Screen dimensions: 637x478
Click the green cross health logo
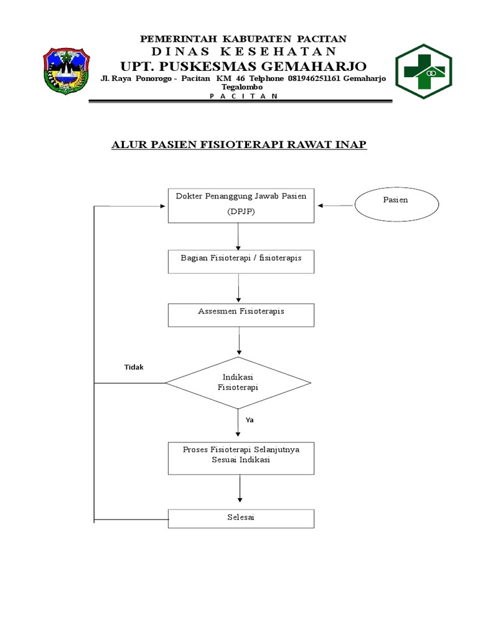[x=423, y=72]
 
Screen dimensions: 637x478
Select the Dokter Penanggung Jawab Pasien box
[x=241, y=204]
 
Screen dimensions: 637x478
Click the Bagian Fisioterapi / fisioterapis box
[x=241, y=261]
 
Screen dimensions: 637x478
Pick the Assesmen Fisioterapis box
[x=241, y=315]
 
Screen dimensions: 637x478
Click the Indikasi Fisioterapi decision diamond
[x=238, y=383]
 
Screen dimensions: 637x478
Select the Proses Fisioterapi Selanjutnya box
[x=241, y=458]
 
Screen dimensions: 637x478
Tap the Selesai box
[x=241, y=518]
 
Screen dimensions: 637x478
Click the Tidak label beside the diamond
[x=133, y=367]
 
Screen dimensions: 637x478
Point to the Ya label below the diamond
[x=249, y=420]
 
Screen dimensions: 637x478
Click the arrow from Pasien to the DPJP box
[x=335, y=205]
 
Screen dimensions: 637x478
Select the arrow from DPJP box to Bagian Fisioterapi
[x=238, y=236]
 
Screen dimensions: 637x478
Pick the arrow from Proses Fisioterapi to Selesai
[x=239, y=490]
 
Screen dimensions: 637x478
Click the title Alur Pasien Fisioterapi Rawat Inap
[x=239, y=145]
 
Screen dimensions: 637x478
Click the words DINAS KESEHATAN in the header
[x=244, y=51]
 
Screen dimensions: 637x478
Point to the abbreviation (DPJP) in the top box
[x=240, y=212]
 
